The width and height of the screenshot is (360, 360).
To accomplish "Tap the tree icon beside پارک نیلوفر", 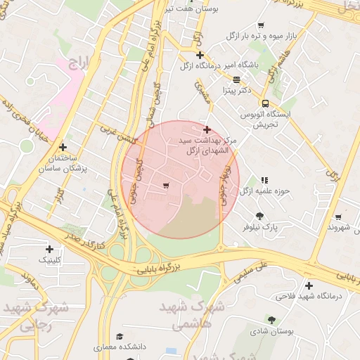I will (260, 216).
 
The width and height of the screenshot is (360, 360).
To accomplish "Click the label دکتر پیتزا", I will (235, 91).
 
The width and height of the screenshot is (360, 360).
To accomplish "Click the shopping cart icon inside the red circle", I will (165, 186).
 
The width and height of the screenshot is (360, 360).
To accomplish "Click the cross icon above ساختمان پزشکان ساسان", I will (63, 147).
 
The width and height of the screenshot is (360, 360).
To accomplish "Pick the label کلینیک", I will (49, 259).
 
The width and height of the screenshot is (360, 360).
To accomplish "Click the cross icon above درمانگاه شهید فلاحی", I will (309, 285).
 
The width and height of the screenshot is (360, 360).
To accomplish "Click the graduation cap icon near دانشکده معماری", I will (120, 336).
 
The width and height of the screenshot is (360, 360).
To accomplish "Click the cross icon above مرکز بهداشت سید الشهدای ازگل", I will (207, 130).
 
